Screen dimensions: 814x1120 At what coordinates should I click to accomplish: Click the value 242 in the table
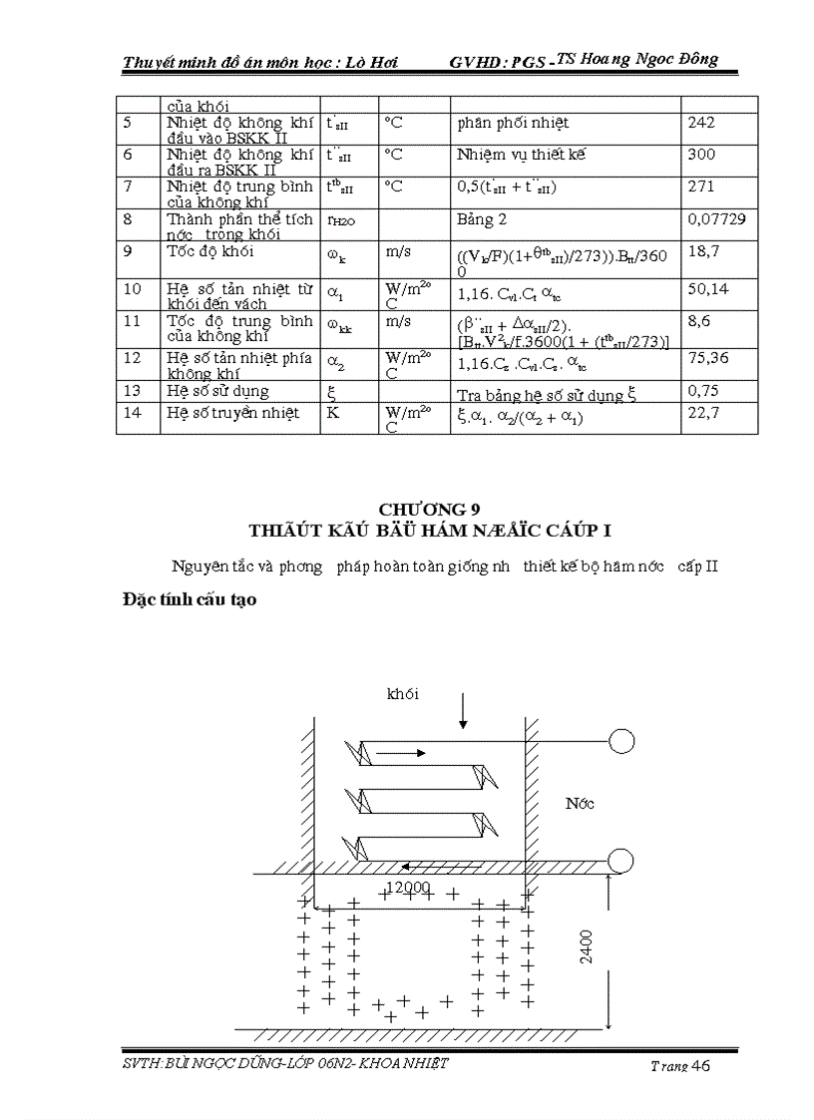tap(701, 123)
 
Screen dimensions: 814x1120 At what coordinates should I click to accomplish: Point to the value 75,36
tap(707, 358)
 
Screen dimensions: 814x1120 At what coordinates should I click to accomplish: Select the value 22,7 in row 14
tap(702, 413)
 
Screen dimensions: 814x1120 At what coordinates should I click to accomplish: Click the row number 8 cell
tap(128, 218)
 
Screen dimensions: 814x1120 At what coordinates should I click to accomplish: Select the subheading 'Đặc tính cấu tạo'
tap(183, 600)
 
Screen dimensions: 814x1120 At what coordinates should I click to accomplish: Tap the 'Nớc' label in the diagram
tap(580, 804)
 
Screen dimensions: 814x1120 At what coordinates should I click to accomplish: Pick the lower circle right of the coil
tap(622, 860)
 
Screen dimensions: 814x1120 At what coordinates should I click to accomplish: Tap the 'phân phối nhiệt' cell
tap(513, 123)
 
